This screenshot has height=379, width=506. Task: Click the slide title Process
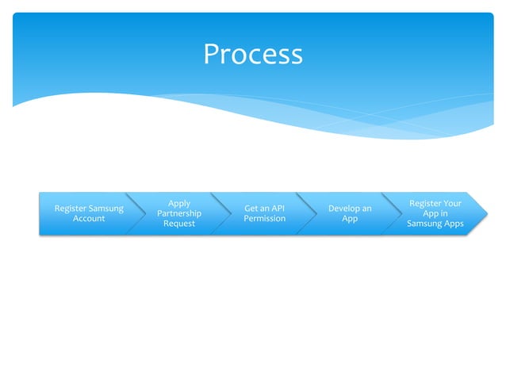click(x=253, y=54)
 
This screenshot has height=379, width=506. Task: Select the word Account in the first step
click(x=89, y=219)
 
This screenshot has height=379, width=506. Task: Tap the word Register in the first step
click(x=70, y=209)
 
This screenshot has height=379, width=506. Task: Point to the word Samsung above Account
click(x=106, y=209)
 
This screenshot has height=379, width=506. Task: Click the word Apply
click(x=179, y=204)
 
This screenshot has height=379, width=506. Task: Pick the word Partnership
click(x=179, y=213)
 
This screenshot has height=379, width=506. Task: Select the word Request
click(x=179, y=224)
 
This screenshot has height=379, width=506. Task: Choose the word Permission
click(x=265, y=219)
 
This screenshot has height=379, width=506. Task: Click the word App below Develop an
click(x=350, y=219)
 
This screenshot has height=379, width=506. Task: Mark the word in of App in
click(x=444, y=213)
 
